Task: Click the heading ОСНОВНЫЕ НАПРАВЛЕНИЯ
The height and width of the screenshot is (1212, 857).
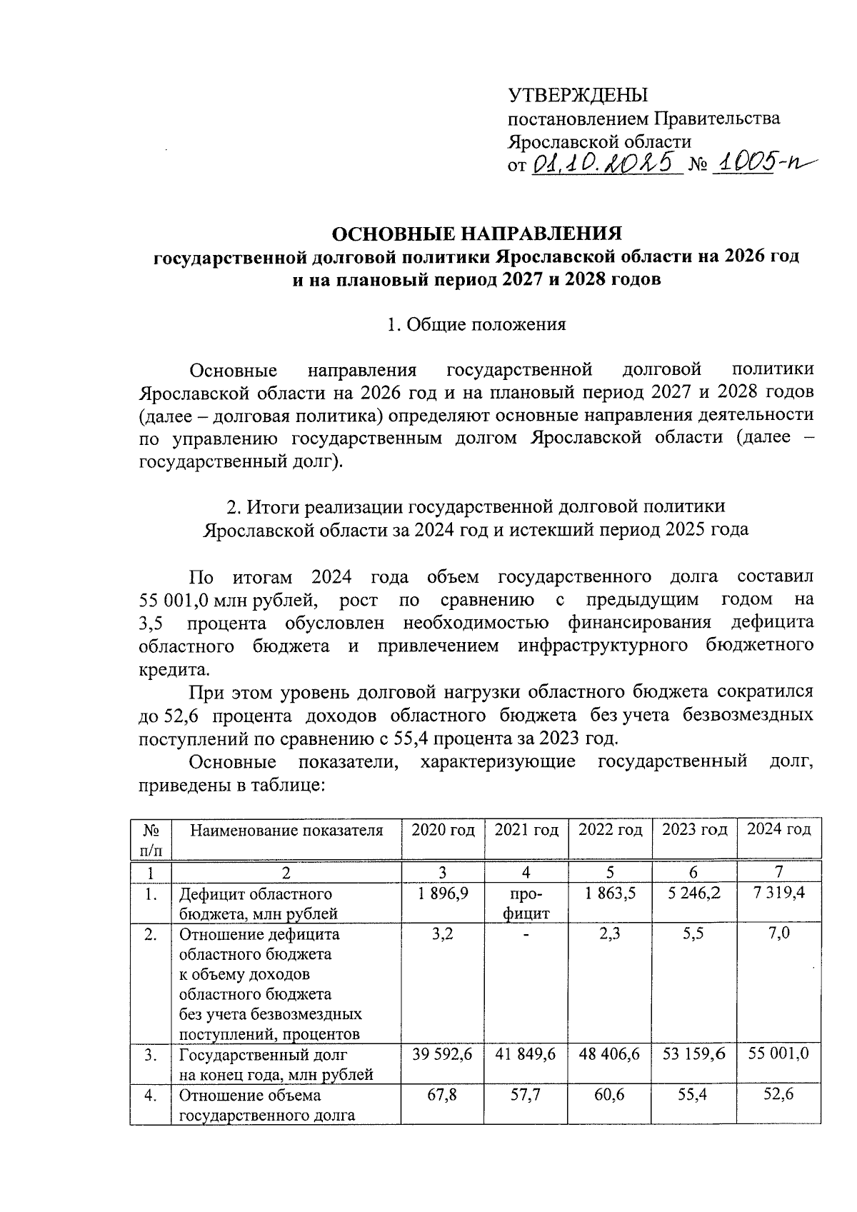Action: [x=478, y=234]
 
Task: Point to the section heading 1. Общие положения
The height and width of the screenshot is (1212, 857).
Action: [x=476, y=325]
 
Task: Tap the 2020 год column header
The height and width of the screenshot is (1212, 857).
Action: [x=443, y=830]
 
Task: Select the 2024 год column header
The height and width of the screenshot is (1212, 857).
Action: [x=778, y=830]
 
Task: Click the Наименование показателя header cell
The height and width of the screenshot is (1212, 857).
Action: [x=286, y=830]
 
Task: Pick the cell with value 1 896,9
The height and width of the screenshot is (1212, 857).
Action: [x=443, y=893]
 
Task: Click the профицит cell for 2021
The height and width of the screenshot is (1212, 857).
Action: [x=526, y=903]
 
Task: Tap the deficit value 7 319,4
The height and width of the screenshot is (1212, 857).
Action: [x=778, y=893]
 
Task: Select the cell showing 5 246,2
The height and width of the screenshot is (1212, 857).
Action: [x=693, y=893]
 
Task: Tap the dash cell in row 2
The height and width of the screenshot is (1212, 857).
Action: [x=526, y=935]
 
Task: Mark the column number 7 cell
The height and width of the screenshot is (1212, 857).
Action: [x=778, y=871]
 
